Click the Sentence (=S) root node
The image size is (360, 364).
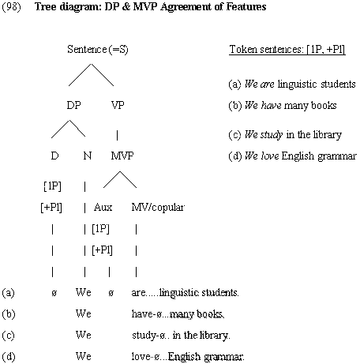[x=98, y=50]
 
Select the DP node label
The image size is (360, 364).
[x=73, y=105]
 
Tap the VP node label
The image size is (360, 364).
[x=118, y=105]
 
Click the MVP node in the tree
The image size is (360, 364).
[x=122, y=156]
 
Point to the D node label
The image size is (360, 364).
[x=54, y=156]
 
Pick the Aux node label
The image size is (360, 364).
[x=103, y=208]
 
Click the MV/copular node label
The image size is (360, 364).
[x=158, y=208]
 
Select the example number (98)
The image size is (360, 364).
[x=11, y=6]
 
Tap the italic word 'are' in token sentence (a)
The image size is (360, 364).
[x=267, y=84]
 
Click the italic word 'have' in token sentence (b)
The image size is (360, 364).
[x=272, y=105]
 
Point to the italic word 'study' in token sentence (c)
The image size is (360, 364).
[x=272, y=135]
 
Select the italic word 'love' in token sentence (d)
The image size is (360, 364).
[x=270, y=156]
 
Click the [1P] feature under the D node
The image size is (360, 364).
[x=52, y=186]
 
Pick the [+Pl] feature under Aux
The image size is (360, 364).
[x=102, y=250]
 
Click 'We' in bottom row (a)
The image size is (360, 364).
[x=84, y=292]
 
